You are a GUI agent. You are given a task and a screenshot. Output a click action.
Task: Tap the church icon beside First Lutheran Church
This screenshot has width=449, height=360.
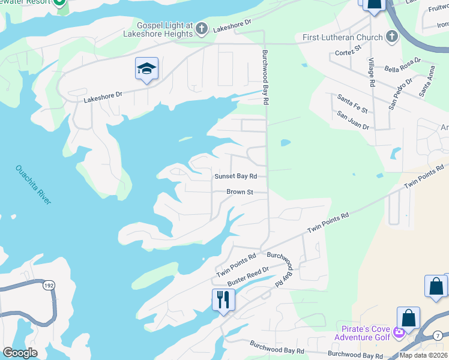tap(391, 37)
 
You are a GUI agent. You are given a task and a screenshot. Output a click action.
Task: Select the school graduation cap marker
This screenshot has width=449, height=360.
tap(146, 69)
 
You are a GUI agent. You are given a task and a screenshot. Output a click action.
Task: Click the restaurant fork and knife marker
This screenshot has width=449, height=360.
tap(223, 299)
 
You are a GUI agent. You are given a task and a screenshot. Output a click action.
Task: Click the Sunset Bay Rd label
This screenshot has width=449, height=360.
tap(236, 176)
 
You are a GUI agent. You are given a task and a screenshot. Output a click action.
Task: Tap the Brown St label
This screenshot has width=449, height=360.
tap(240, 192)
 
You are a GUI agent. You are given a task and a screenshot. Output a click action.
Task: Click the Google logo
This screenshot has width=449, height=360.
tap(20, 353)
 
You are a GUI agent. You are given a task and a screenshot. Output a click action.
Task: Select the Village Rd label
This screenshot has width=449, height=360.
tap(372, 72)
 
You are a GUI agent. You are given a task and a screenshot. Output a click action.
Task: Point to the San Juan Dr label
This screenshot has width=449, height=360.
tap(352, 120)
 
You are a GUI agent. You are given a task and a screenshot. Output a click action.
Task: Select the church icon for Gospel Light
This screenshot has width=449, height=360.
tap(202, 28)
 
